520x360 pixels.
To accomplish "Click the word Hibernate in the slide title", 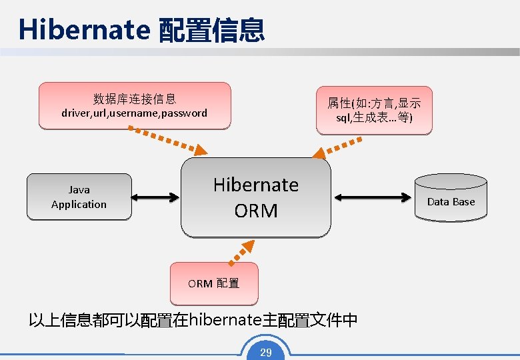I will pyautogui.click(x=84, y=30).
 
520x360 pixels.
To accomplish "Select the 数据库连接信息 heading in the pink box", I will pyautogui.click(x=135, y=99).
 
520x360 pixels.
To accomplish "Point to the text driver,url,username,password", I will pyautogui.click(x=134, y=113).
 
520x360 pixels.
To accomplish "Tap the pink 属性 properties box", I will pyautogui.click(x=374, y=111).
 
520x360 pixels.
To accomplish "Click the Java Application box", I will pyautogui.click(x=79, y=197).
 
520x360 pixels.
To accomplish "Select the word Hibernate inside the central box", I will pyautogui.click(x=256, y=185).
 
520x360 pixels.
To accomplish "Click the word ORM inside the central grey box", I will pyautogui.click(x=256, y=211).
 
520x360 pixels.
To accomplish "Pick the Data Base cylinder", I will pyautogui.click(x=451, y=198).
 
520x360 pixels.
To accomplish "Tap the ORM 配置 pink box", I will pyautogui.click(x=213, y=283).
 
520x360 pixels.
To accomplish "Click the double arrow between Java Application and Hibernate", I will pyautogui.click(x=156, y=197).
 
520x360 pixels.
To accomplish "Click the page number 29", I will pyautogui.click(x=266, y=352).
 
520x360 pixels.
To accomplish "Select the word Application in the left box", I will pyautogui.click(x=79, y=205).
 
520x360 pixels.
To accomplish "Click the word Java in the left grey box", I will pyautogui.click(x=79, y=190).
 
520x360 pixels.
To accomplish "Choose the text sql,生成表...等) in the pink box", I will pyautogui.click(x=374, y=118).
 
